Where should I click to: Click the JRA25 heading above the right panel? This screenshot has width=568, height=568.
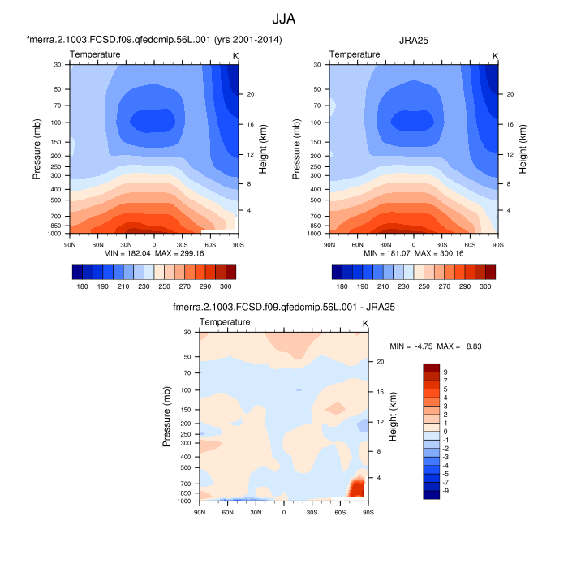coord(414,40)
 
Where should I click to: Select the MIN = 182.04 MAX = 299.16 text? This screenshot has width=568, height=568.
coord(154,253)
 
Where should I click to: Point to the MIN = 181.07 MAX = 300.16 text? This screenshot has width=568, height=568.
coord(414,253)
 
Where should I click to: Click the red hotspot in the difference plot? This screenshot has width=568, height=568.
coord(355,487)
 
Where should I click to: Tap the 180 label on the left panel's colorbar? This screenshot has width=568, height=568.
coord(82,287)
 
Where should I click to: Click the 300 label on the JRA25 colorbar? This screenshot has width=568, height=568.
coord(485,287)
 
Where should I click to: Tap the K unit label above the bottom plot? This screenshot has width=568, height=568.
coord(365,323)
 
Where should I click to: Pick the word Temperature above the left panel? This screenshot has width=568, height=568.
coord(95,54)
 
